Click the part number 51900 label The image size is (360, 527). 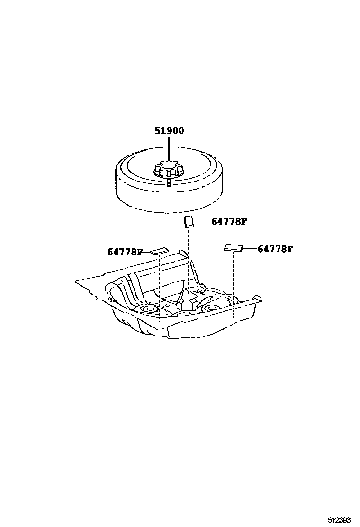168,131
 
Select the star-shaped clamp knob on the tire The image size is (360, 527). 168,170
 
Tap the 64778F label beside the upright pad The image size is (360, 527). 229,221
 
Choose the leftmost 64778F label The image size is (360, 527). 125,252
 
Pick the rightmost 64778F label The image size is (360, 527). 275,248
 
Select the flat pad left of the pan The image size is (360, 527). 160,251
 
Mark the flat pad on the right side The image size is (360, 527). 233,247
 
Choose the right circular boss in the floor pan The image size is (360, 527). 212,309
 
